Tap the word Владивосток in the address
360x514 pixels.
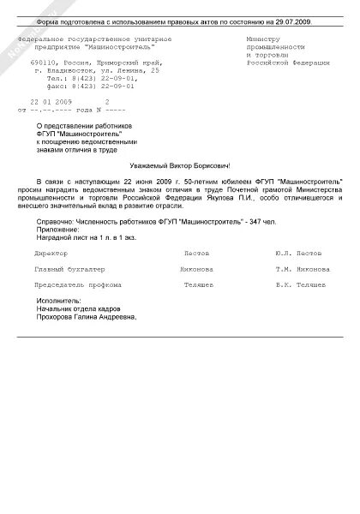coord(87,70)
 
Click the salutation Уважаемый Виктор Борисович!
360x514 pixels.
coord(181,165)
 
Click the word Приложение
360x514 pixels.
coord(59,229)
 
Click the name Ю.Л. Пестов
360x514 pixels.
coord(298,254)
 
